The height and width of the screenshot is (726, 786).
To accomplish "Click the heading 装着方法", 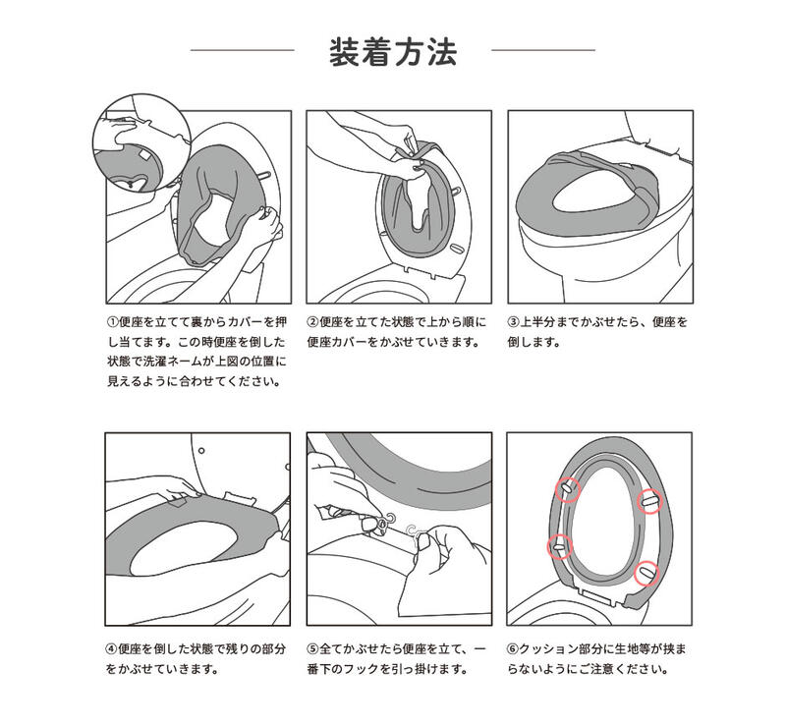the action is pyautogui.click(x=392, y=51).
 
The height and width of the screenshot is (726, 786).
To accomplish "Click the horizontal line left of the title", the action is pyautogui.click(x=242, y=50).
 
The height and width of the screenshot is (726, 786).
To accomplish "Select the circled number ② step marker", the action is pyautogui.click(x=312, y=322).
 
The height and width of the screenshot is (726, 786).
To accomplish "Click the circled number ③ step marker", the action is pyautogui.click(x=513, y=322).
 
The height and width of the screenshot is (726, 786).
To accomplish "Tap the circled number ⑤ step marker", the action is pyautogui.click(x=312, y=650).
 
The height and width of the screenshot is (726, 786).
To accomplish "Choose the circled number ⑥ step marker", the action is pyautogui.click(x=513, y=650).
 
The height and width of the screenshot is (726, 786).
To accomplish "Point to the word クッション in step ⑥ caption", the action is pyautogui.click(x=549, y=650).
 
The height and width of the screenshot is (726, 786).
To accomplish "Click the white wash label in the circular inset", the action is pyautogui.click(x=141, y=157).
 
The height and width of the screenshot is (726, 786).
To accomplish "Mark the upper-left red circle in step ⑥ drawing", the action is pyautogui.click(x=566, y=488).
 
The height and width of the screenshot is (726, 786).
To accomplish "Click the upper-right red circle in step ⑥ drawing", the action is pyautogui.click(x=647, y=500).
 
